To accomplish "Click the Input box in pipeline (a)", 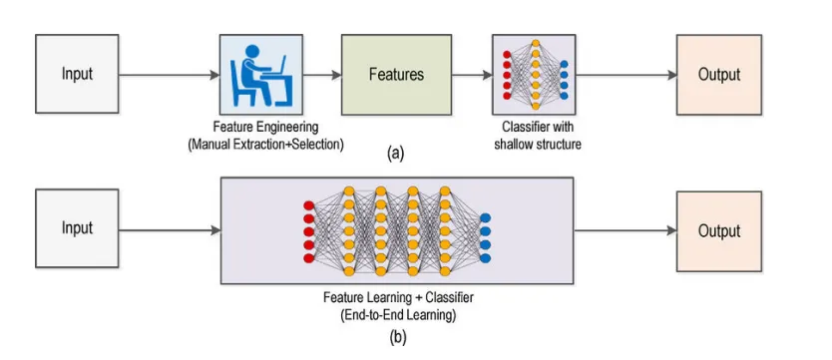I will coord(77,75).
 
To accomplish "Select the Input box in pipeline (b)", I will coord(77,228).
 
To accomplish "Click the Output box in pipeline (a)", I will coord(718,75).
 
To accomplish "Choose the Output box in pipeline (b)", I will coord(718,231).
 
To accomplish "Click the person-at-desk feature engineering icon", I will coord(260,75).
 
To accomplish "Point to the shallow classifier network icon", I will coord(536,75).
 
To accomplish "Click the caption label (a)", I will coord(395,154).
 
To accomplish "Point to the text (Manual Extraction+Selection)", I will coord(265,144).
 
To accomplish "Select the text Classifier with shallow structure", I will coord(536,136).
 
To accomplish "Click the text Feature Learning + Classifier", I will coord(396,297).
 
